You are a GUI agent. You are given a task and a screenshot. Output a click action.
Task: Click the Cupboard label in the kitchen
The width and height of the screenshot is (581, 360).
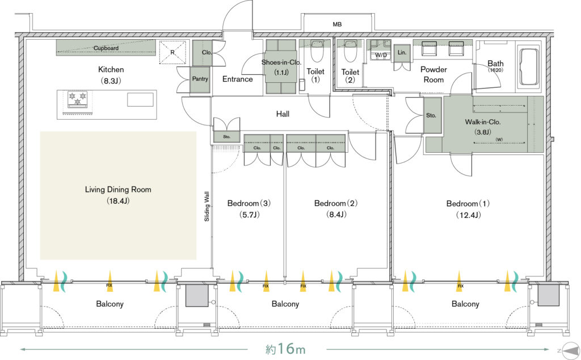[x=106, y=49]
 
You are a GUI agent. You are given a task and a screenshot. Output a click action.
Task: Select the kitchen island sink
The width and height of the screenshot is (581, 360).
[x=140, y=100]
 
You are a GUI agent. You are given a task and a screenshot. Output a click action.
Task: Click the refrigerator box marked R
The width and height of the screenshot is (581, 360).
[x=172, y=52]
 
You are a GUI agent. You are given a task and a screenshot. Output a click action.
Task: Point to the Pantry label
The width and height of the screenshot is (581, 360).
[x=200, y=79]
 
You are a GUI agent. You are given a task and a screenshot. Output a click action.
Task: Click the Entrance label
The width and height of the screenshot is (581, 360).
[x=237, y=79]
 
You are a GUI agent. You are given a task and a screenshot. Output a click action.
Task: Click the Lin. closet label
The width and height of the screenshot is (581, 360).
[x=402, y=52]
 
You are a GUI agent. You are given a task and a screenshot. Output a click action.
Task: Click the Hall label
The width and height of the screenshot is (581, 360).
[x=283, y=114]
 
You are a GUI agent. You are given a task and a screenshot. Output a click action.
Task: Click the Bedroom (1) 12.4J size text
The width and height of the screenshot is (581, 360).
[x=469, y=215]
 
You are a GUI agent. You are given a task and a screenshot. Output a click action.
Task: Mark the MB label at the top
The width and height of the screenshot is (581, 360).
[x=337, y=24]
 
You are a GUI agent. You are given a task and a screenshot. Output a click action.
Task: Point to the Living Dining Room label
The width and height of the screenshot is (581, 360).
[x=118, y=190]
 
